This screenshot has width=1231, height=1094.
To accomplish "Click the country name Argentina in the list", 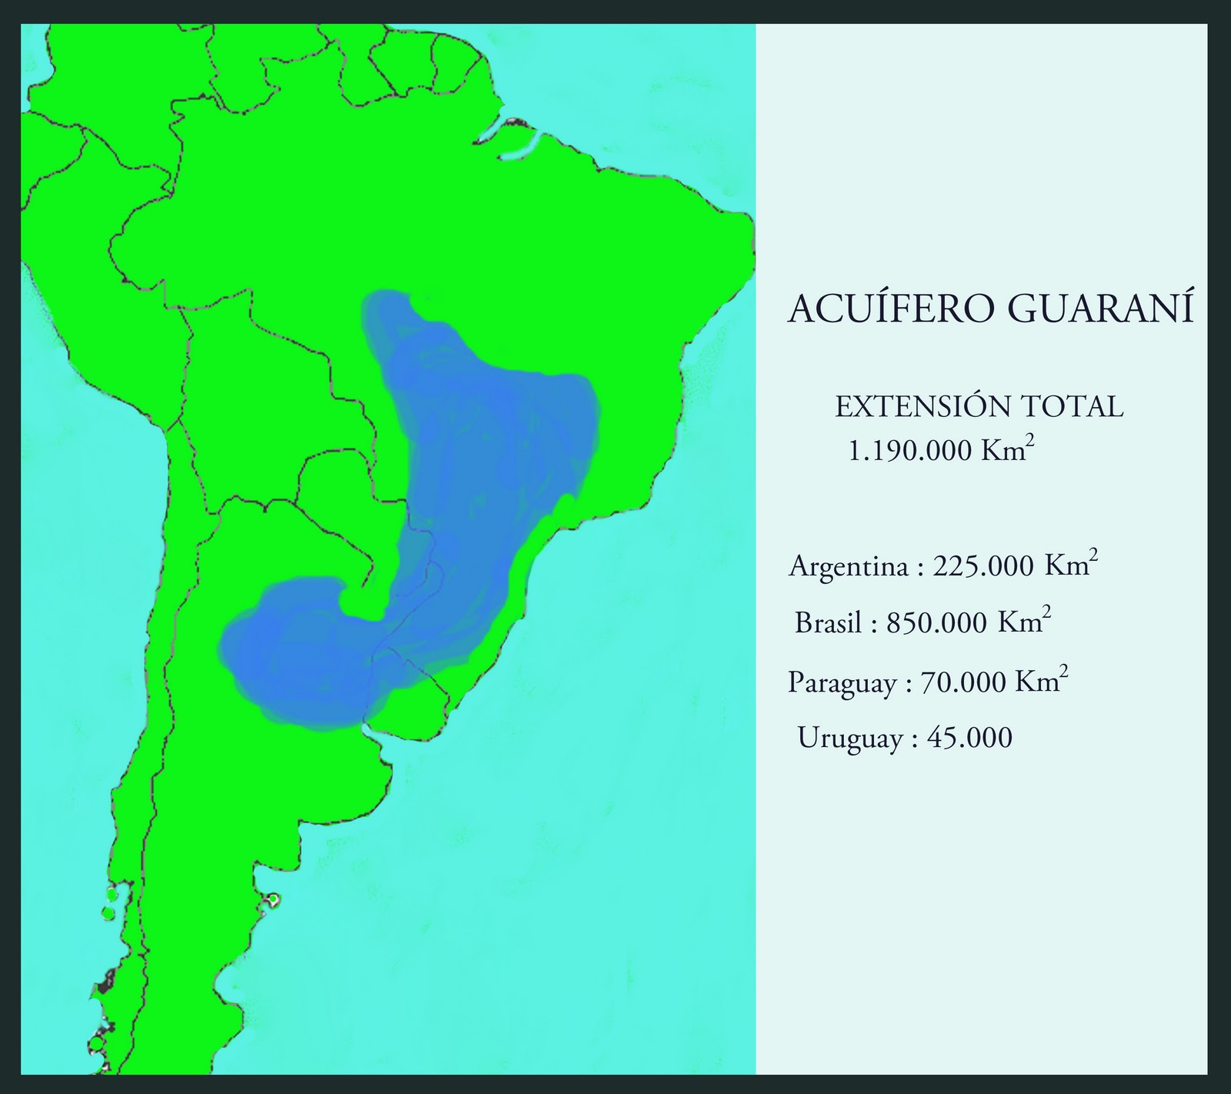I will [848, 568].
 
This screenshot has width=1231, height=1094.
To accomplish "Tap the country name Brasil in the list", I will [828, 622].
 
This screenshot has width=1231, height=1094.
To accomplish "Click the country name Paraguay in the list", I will [842, 683].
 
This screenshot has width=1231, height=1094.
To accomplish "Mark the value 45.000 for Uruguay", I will [970, 738].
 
